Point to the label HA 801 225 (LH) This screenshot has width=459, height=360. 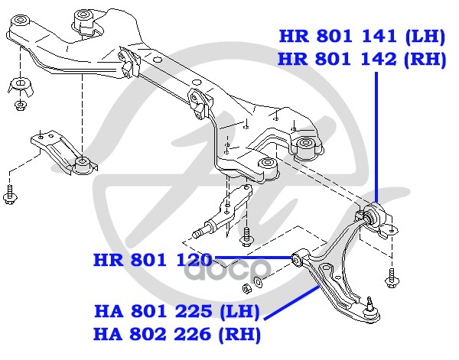[x=177, y=312]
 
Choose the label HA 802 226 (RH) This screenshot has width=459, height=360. [x=177, y=334]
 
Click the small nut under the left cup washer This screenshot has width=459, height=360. [x=19, y=105]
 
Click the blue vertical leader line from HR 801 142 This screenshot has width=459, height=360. [x=378, y=130]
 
